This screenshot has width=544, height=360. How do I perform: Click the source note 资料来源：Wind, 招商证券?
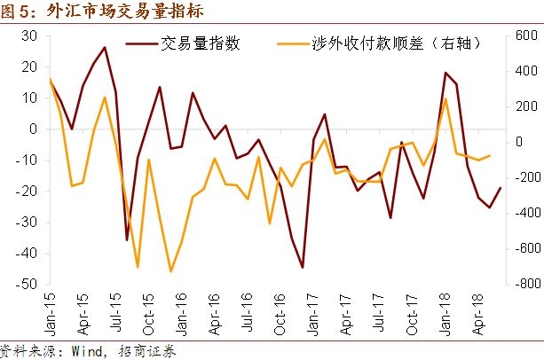coord(88,350)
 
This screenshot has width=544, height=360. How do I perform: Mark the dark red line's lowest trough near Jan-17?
coord(303,267)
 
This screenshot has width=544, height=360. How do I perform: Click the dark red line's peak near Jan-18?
coord(445,73)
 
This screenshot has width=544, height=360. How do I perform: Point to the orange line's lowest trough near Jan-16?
coord(170,271)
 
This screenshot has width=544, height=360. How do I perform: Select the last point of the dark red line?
coord(501,187)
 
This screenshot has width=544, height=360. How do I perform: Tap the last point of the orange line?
coord(490,156)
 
